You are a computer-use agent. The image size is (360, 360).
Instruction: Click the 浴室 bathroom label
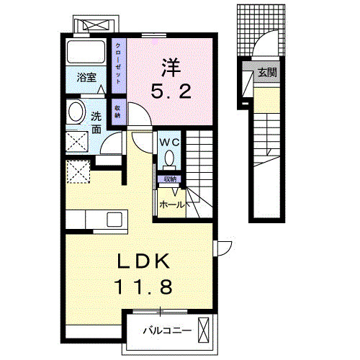(87, 78)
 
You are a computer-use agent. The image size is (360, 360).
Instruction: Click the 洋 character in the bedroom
(170, 68)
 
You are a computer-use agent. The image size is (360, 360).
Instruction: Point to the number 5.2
(170, 91)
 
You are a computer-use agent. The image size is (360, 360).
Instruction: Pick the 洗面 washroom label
(96, 122)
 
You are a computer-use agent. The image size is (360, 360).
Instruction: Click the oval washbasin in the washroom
(75, 112)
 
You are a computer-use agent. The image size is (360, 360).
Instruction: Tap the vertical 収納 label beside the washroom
(117, 112)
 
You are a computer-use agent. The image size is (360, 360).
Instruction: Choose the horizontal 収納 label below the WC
(169, 178)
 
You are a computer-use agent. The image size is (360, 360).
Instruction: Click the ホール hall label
(171, 204)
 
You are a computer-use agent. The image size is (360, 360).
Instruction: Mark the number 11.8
(143, 288)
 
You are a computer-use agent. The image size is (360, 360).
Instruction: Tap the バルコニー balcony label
(166, 332)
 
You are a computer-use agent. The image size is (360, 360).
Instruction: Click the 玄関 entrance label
(268, 73)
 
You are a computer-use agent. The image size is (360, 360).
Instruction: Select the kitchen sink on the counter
(114, 219)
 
